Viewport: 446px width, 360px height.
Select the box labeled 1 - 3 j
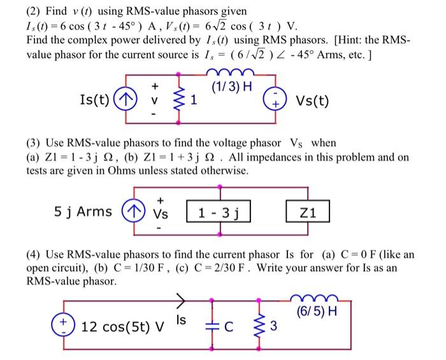219,212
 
